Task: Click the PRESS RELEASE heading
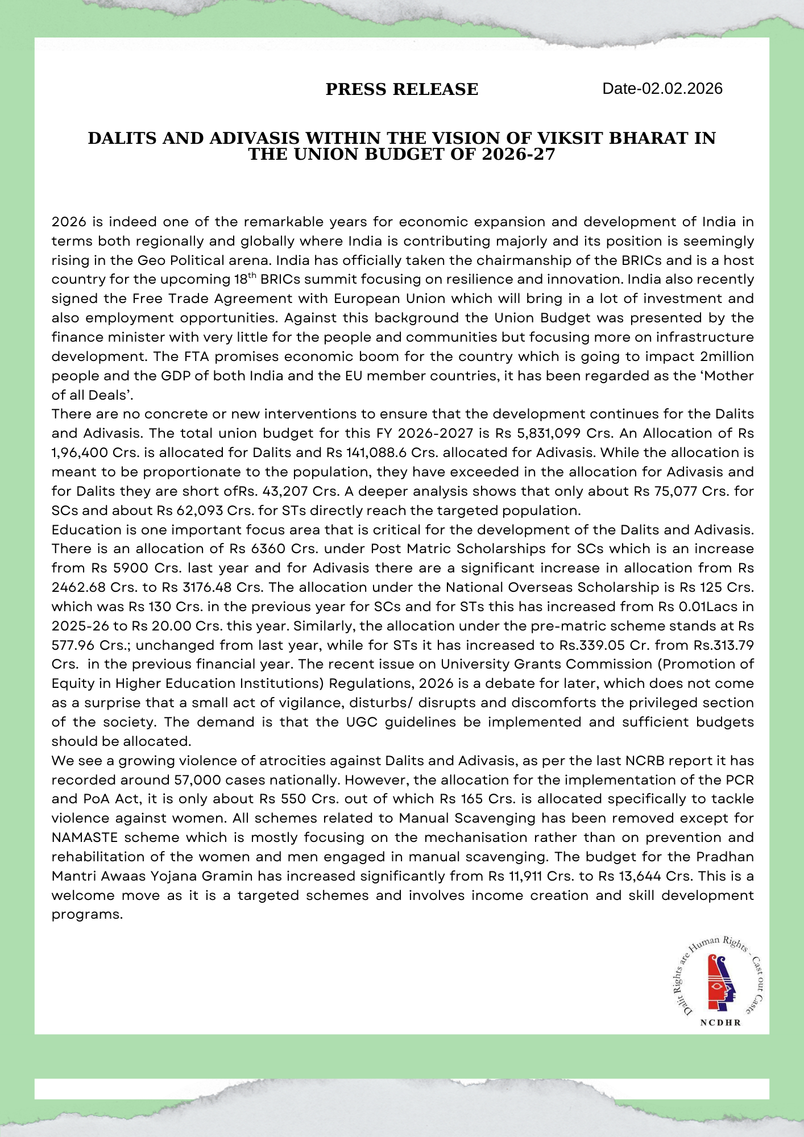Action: coord(401,89)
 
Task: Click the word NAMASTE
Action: coord(85,837)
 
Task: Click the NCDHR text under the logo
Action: coord(720,1022)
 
